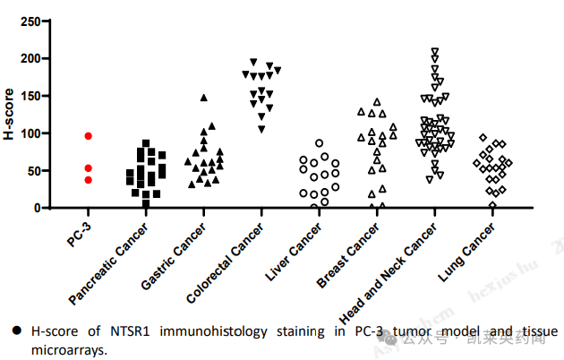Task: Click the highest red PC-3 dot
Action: click(x=89, y=135)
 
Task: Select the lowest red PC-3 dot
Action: click(x=89, y=180)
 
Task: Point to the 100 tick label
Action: click(x=30, y=133)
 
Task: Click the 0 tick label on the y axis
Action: click(x=36, y=208)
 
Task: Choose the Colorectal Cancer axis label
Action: click(x=223, y=260)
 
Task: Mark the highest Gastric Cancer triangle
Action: click(x=204, y=97)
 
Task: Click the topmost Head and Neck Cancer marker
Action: click(x=435, y=52)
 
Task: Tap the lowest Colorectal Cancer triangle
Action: click(x=261, y=130)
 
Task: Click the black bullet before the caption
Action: click(x=18, y=332)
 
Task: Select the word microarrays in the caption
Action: click(x=68, y=350)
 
